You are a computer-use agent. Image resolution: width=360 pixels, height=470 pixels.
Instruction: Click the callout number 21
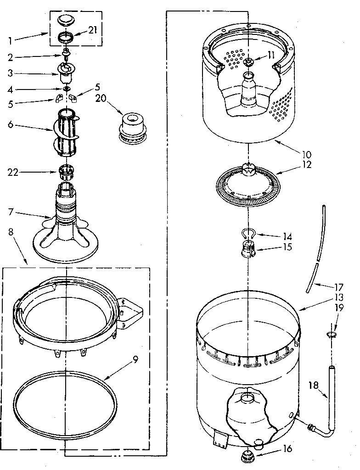point(92,30)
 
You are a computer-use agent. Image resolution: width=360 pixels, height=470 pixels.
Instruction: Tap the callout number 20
point(101,98)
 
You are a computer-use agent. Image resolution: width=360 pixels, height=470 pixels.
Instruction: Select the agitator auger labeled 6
point(68,131)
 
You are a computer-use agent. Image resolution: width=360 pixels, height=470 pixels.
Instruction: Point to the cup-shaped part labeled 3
point(66,70)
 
